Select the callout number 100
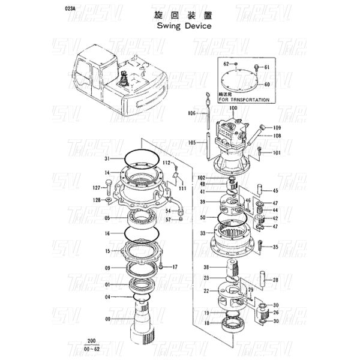pos(233,108)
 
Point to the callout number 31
pos(106,158)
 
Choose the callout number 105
pos(191,143)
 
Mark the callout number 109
pos(277,128)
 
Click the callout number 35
pos(275,247)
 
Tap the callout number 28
pos(275,280)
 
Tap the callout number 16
pos(107,233)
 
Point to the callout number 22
pos(205,290)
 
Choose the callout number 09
pos(107,268)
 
